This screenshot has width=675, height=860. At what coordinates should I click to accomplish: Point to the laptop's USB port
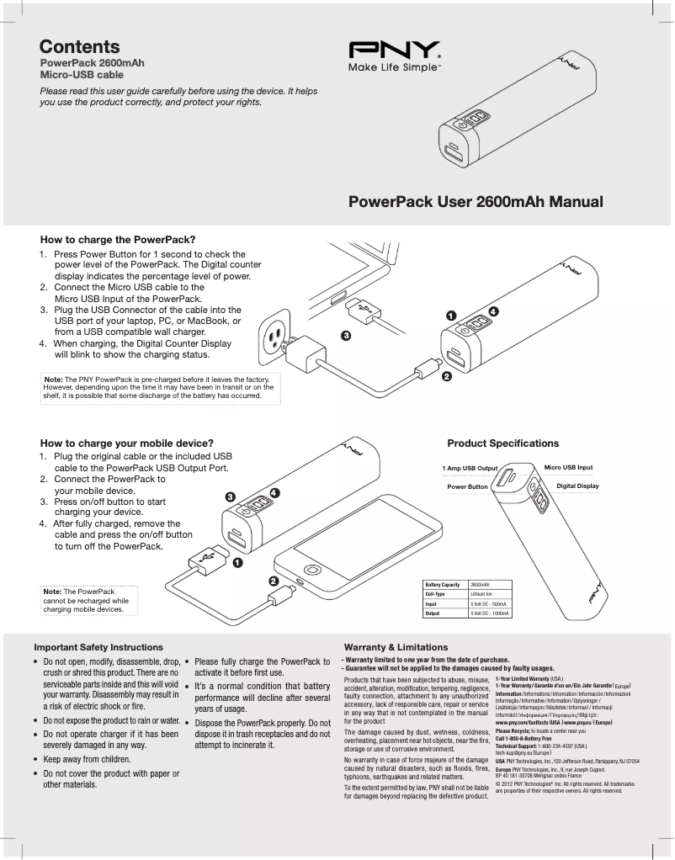(x=340, y=299)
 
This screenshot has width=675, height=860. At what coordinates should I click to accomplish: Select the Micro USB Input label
(x=568, y=467)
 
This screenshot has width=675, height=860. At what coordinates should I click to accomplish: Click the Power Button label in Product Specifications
(x=467, y=487)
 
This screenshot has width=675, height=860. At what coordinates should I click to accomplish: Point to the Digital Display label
(x=577, y=486)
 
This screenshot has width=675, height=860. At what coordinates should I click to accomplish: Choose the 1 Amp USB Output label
(x=470, y=468)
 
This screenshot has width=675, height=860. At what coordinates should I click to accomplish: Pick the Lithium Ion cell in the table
(x=481, y=594)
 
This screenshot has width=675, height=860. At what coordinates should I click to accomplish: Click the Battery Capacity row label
(x=443, y=585)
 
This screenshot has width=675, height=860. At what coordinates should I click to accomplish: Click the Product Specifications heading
(x=502, y=443)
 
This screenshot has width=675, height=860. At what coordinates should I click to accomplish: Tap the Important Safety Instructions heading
(x=98, y=647)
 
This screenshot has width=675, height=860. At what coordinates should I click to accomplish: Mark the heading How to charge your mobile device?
(x=127, y=443)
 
